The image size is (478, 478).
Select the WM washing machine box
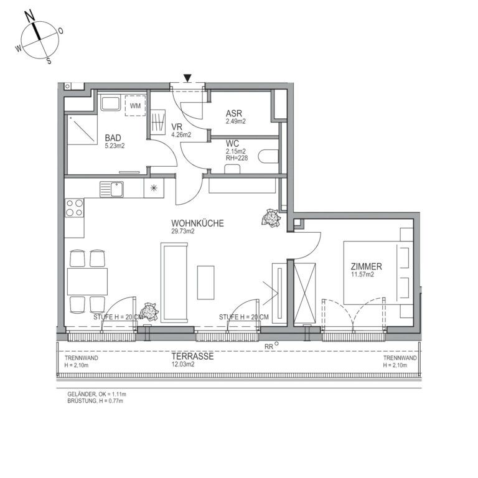pyautogui.click(x=135, y=106)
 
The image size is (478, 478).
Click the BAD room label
pyautogui.click(x=113, y=138)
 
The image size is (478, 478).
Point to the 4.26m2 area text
pyautogui.click(x=180, y=134)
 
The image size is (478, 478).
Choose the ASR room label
pyautogui.click(x=234, y=114)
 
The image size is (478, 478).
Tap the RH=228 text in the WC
pyautogui.click(x=237, y=158)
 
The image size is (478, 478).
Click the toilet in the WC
pyautogui.click(x=268, y=156)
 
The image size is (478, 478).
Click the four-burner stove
pyautogui.click(x=75, y=208)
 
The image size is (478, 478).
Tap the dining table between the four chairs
pyautogui.click(x=87, y=281)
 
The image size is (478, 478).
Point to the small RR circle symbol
pyautogui.click(x=276, y=343)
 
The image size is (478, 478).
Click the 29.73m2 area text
pyautogui.click(x=184, y=231)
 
